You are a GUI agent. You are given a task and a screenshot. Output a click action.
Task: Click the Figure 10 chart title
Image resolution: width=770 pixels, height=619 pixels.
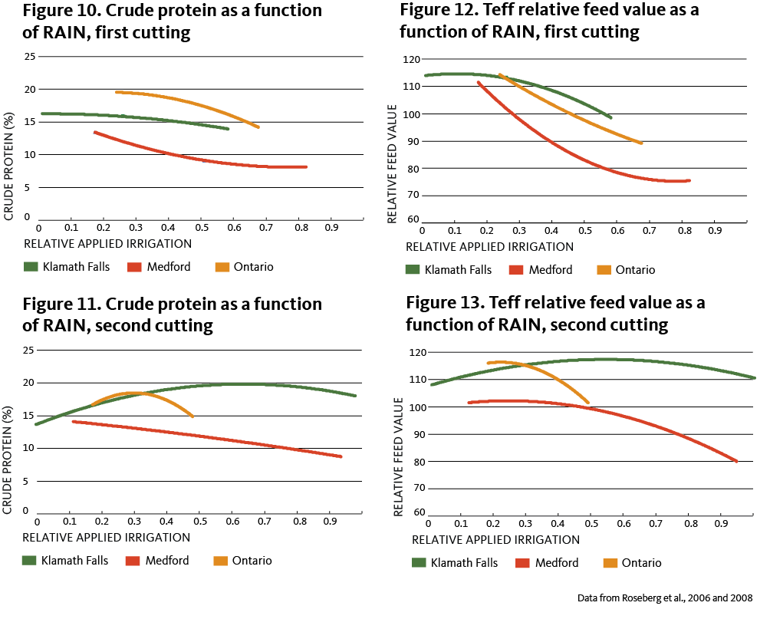(x=173, y=21)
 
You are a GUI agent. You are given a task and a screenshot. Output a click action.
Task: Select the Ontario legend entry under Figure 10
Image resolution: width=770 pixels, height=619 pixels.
(x=244, y=267)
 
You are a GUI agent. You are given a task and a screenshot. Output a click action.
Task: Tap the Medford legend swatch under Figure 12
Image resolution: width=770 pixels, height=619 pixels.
(x=516, y=270)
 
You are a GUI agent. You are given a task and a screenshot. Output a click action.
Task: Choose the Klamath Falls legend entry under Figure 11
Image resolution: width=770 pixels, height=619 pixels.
(x=65, y=561)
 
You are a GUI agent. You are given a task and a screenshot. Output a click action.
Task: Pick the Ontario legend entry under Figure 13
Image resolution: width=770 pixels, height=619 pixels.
(x=633, y=563)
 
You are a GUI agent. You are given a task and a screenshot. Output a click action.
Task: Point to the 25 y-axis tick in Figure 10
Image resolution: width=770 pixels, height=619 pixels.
(x=30, y=57)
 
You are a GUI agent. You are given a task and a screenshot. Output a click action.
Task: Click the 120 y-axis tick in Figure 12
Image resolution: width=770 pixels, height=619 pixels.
(x=412, y=59)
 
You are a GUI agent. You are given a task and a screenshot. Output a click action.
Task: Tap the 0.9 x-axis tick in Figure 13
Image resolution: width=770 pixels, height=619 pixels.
(x=721, y=524)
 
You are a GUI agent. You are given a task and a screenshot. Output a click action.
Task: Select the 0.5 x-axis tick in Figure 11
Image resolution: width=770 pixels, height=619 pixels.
(x=200, y=522)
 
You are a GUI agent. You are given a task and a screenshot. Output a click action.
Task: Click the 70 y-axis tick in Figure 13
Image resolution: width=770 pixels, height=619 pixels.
(x=420, y=489)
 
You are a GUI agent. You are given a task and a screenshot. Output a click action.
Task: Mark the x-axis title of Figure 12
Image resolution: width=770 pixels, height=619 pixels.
(x=489, y=247)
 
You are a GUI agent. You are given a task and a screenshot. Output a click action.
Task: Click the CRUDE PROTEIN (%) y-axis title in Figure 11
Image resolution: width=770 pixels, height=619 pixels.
(x=7, y=460)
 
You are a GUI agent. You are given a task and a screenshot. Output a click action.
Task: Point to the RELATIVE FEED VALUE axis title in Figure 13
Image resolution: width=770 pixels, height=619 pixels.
(x=398, y=456)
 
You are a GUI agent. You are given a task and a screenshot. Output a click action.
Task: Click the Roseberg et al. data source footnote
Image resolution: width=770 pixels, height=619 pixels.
(x=665, y=598)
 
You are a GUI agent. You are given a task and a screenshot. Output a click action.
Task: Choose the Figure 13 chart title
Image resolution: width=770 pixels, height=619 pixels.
(x=555, y=314)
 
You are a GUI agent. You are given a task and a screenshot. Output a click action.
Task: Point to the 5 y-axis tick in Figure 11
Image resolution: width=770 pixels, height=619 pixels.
(x=25, y=482)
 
